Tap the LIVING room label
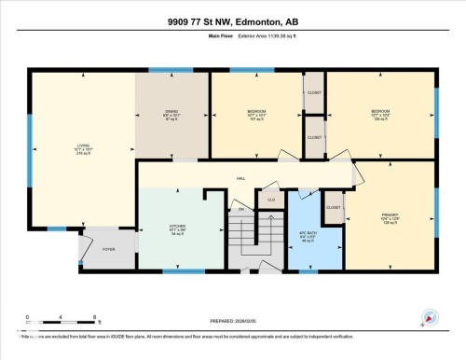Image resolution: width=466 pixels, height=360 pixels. coord(82,148)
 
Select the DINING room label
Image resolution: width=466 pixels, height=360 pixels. coord(171,115)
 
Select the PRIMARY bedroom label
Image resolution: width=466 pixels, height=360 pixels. coord(390,220)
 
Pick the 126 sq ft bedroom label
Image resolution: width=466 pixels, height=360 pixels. coord(378,115)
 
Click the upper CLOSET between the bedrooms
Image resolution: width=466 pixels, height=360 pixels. coord(314,92)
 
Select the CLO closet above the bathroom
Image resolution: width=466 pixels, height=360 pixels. coord(271,199)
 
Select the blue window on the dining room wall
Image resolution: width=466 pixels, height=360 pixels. coord(171,70)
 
